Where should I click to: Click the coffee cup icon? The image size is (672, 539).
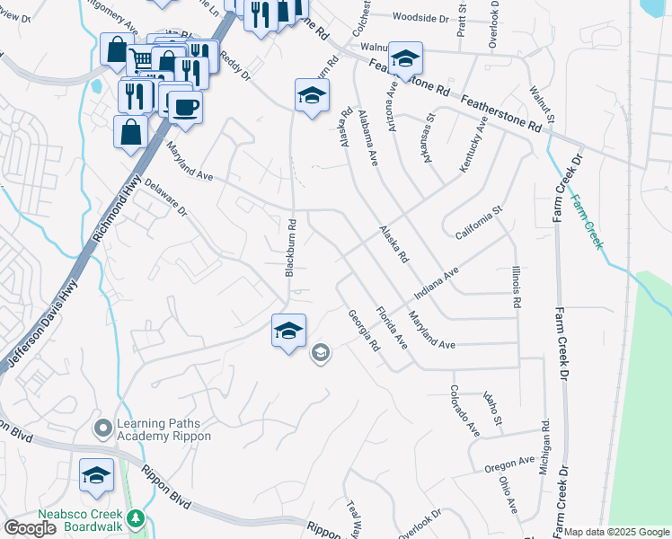185,107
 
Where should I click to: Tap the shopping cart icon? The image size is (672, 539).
142,60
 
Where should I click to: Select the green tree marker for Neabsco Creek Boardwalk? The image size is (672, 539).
136,518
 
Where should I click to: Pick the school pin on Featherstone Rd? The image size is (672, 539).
405,59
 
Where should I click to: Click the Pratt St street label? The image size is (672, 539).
462,18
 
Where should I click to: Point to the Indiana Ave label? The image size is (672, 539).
437,283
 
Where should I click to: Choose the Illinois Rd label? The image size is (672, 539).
516,287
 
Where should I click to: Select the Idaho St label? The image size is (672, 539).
491,408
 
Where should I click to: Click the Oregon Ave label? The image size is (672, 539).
509,464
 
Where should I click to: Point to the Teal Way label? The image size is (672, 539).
353,518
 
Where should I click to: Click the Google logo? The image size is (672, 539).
30,527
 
